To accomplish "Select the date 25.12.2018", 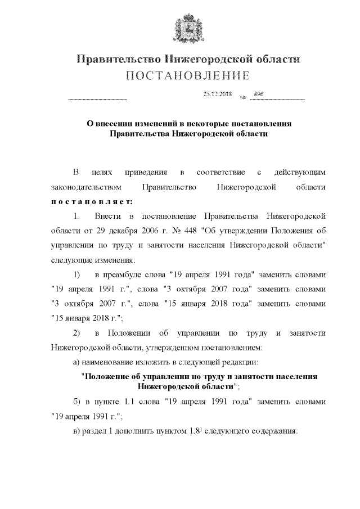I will click(x=217, y=94).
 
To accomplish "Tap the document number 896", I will click(x=259, y=94).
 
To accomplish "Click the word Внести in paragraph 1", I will click(x=107, y=216).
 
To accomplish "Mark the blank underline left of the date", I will click(x=97, y=100).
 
